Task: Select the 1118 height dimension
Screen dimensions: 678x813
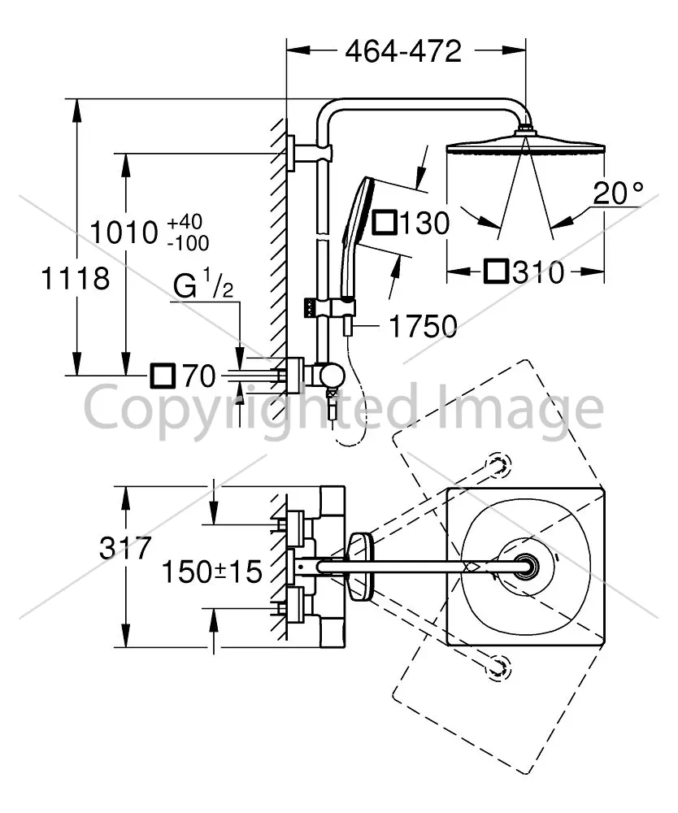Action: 75,278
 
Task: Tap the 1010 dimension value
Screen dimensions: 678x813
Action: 124,232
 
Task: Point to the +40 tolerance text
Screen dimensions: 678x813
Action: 185,221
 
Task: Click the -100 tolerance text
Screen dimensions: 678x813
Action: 188,242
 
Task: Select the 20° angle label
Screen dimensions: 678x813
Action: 618,193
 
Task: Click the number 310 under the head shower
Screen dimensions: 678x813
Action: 538,272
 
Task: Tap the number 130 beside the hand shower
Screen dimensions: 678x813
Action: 424,224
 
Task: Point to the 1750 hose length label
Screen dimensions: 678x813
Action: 423,326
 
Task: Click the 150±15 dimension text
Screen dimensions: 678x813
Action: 212,572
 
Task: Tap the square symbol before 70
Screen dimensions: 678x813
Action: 163,376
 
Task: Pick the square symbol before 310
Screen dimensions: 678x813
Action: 496,272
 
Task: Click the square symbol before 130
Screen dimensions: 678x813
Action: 385,223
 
